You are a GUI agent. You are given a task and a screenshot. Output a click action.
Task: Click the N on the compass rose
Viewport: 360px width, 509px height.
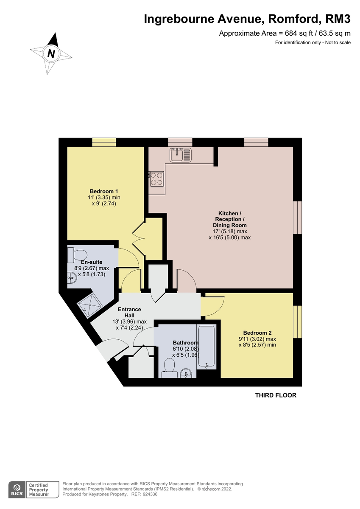tap(51, 54)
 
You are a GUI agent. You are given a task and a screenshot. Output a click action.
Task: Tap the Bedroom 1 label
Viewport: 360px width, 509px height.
tap(104, 191)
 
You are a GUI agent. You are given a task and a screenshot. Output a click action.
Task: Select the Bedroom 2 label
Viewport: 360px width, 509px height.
tap(257, 333)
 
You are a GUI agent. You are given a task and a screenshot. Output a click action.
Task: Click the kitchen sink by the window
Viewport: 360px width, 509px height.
tap(181, 155)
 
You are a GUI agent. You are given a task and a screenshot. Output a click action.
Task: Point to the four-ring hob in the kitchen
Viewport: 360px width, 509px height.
tap(156, 179)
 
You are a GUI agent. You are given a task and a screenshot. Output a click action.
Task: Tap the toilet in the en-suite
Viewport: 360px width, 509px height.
tap(77, 255)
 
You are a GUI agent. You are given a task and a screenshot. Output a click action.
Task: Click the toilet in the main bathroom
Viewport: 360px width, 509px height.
tap(169, 366)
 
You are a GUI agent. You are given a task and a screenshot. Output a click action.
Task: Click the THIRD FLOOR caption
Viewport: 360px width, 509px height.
tap(275, 395)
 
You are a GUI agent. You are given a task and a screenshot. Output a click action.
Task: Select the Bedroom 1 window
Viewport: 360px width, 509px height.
tap(104, 143)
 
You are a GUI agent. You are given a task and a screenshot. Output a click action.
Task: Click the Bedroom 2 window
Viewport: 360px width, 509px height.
tap(298, 322)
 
